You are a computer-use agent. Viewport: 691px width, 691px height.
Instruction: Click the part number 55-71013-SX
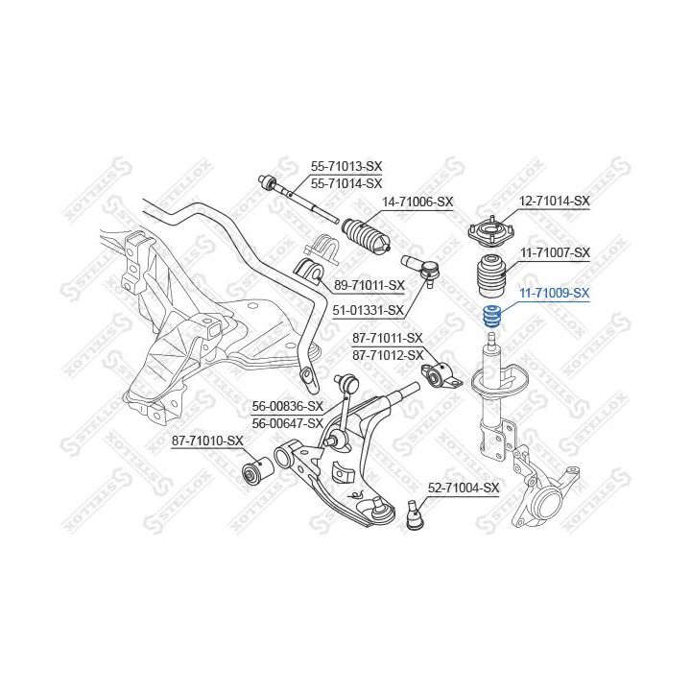click(346, 167)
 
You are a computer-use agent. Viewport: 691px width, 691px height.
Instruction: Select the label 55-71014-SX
click(346, 183)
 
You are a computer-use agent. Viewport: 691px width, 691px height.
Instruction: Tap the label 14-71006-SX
click(417, 203)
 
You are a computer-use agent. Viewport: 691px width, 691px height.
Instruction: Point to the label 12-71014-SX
click(554, 202)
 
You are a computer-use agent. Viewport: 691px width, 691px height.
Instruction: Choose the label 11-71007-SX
click(555, 253)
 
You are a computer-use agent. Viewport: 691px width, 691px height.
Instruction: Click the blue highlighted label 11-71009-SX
click(555, 293)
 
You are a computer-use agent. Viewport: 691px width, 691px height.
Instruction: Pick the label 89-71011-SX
click(369, 285)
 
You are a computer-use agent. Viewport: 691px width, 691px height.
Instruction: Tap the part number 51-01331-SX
click(368, 311)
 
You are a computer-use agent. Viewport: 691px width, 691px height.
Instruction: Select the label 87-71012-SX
click(388, 355)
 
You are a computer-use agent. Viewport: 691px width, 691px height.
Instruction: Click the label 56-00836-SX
click(287, 406)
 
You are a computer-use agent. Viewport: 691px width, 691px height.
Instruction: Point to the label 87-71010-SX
click(207, 441)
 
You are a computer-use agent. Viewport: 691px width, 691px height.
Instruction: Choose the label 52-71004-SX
click(464, 488)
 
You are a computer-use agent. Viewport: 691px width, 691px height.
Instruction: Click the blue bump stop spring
click(492, 318)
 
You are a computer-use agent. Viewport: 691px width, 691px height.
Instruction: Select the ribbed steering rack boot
click(367, 237)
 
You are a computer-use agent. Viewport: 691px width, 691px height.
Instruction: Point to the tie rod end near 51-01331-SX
click(421, 270)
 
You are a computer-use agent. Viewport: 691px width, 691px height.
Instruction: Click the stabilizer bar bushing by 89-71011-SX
click(308, 274)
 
